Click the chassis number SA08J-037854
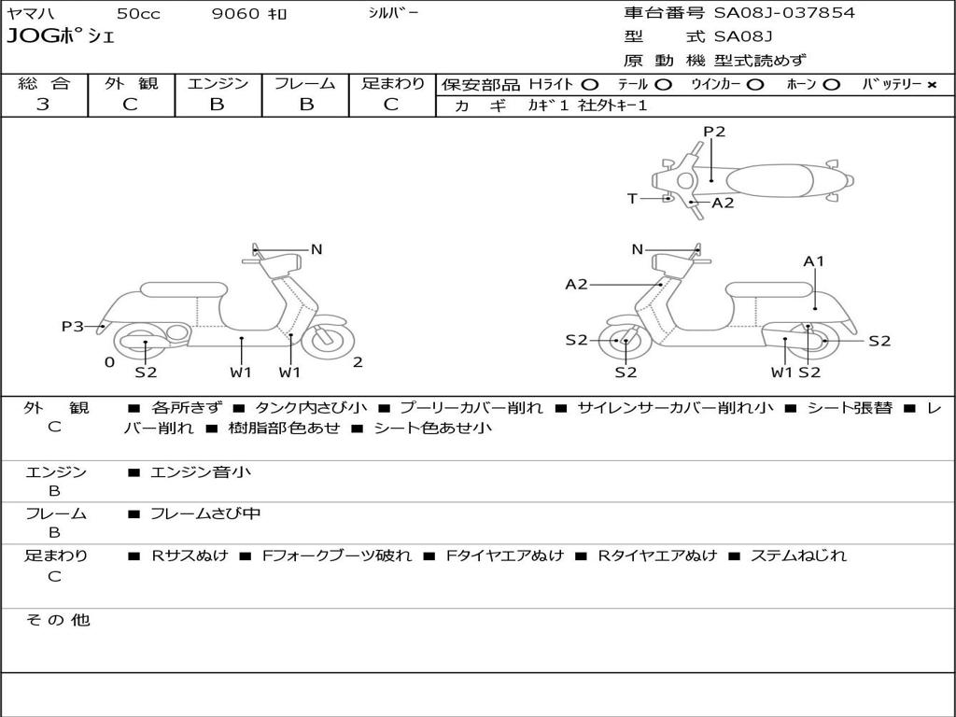784,13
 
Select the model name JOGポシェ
60,37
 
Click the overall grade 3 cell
43,105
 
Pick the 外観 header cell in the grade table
131,83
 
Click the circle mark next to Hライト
590,84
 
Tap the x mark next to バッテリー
931,84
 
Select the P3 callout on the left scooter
73,326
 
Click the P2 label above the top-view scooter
714,132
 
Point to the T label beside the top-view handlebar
632,198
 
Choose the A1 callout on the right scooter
814,261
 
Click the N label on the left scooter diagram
316,249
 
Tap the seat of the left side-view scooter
183,289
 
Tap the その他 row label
57,620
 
